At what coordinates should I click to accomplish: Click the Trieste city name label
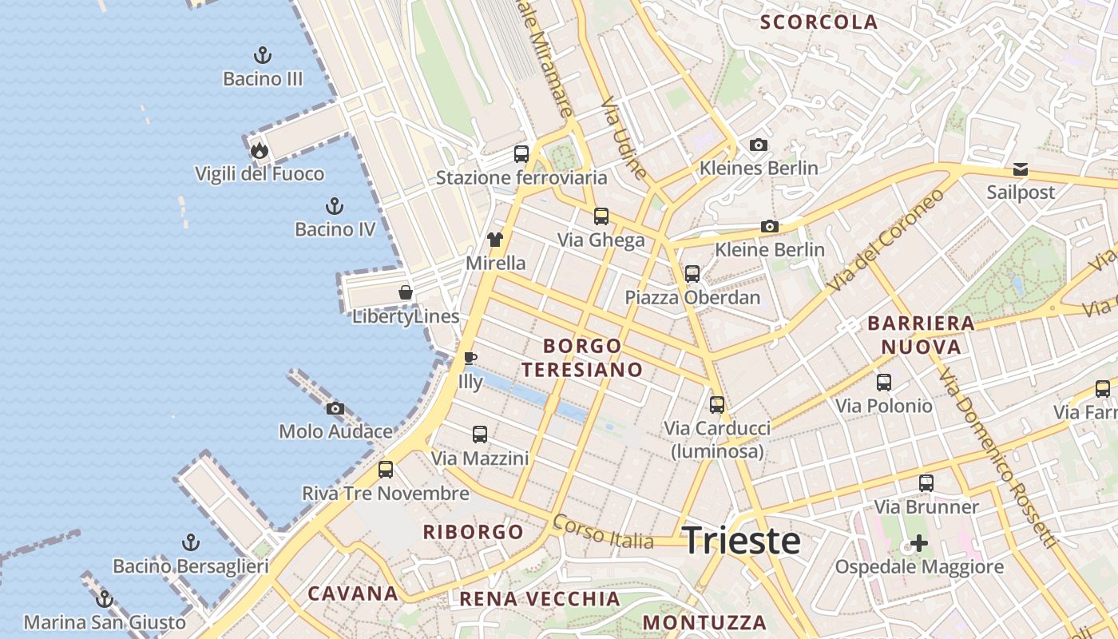741,541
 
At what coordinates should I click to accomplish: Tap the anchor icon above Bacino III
263,55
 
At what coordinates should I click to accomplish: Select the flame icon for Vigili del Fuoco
259,150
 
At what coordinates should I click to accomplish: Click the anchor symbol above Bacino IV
335,206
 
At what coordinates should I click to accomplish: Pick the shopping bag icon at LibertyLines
406,292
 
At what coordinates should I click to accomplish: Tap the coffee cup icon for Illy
470,358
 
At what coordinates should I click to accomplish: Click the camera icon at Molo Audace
335,408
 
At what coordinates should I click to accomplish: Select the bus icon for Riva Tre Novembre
386,470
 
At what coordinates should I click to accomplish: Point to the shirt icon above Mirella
495,239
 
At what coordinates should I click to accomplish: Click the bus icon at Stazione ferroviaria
521,154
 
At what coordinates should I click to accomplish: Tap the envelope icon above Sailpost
1021,169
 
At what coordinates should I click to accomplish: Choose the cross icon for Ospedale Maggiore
919,544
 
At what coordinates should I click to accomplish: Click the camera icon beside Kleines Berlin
759,145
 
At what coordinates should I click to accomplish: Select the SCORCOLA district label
819,22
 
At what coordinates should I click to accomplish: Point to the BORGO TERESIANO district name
593,357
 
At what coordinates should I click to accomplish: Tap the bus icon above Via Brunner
926,483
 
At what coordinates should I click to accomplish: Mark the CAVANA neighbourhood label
353,593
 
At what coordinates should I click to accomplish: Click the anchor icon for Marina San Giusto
105,598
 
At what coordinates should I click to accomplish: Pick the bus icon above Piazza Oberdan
692,274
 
